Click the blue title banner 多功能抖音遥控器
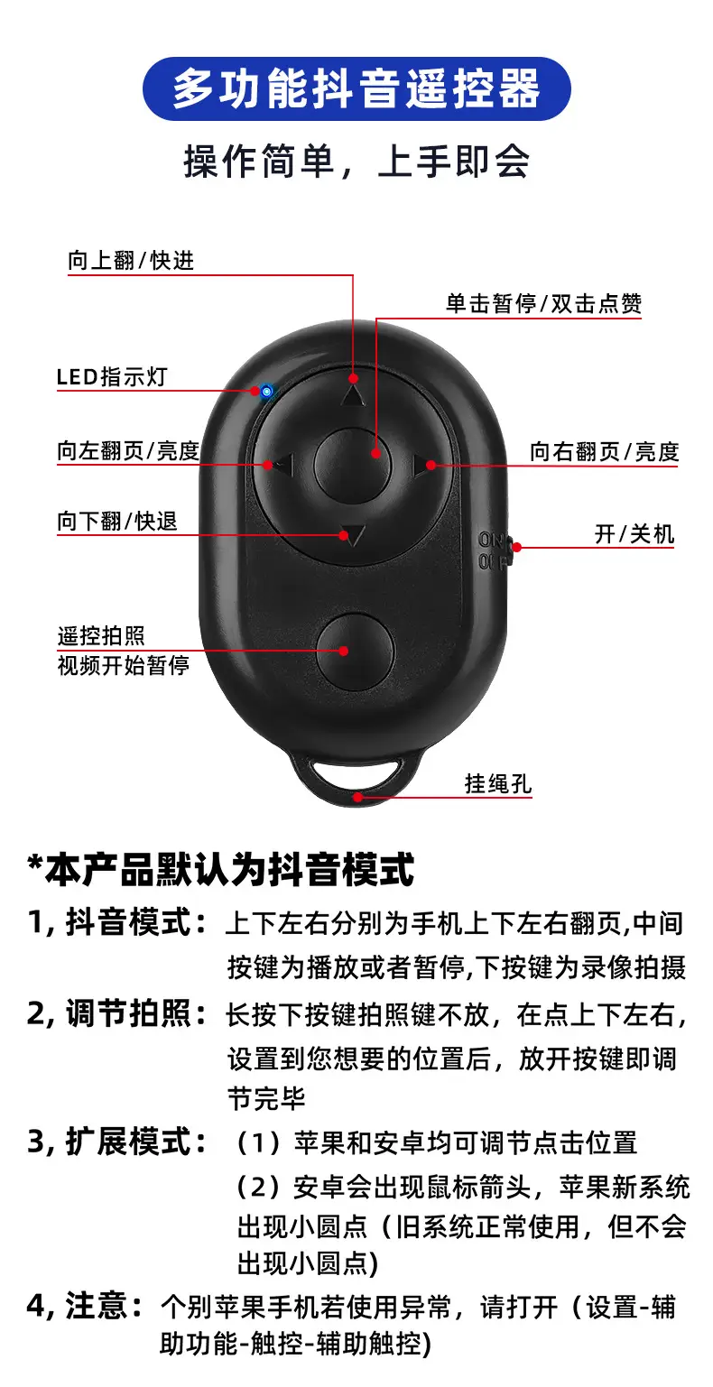click(x=356, y=88)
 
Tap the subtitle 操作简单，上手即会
click(x=356, y=162)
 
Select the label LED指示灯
click(x=112, y=376)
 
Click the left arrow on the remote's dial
click(x=283, y=465)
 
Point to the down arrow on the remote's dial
click(x=353, y=535)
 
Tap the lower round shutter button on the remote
click(x=355, y=652)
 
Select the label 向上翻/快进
click(x=131, y=261)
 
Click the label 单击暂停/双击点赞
click(x=544, y=303)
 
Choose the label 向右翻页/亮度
click(x=604, y=451)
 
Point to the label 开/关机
click(x=634, y=533)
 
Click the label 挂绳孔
click(x=498, y=784)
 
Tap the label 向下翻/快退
click(x=117, y=521)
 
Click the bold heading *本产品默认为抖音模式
click(x=220, y=869)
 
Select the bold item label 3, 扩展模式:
click(x=117, y=1142)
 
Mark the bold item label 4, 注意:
click(x=85, y=1305)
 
